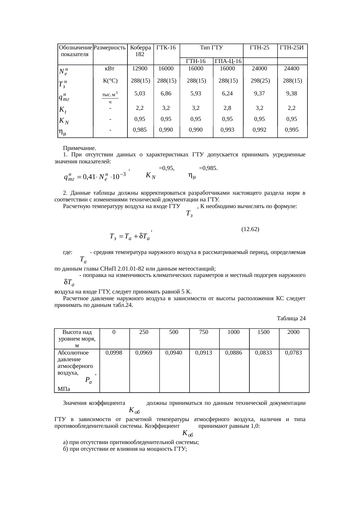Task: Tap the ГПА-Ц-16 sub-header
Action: (228, 61)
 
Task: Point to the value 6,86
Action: (166, 94)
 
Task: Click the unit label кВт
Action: (110, 69)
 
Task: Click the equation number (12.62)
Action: (250, 229)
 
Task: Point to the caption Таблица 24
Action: (291, 318)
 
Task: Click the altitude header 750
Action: (204, 332)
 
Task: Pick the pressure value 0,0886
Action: (233, 353)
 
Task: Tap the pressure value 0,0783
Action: (293, 353)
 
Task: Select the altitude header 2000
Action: (293, 332)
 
